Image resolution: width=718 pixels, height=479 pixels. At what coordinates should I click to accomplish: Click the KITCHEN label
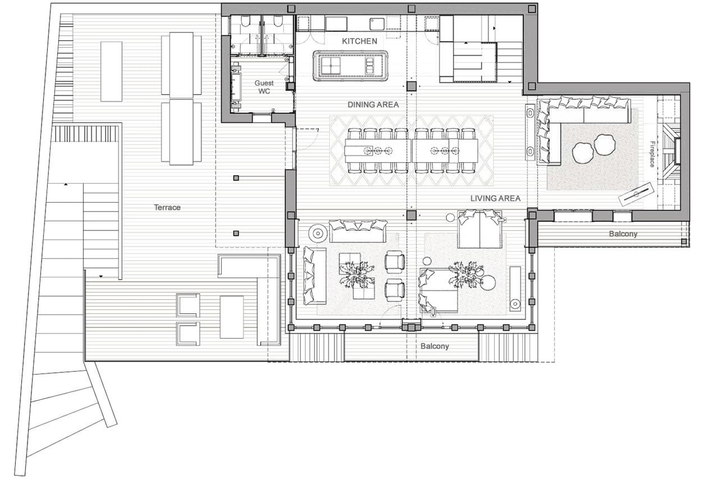[359, 41]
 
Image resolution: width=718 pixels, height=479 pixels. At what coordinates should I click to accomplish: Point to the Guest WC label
[264, 87]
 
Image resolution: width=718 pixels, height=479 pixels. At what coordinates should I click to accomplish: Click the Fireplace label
[652, 154]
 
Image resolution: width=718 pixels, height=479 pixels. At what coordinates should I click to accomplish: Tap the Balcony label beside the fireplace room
[623, 234]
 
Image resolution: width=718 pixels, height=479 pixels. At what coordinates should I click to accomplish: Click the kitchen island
[350, 66]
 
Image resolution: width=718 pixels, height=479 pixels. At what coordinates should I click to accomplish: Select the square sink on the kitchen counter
[377, 24]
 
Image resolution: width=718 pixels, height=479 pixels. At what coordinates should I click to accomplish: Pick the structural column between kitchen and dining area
[411, 86]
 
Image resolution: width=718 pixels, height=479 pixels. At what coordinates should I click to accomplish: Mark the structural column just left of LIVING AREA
[411, 215]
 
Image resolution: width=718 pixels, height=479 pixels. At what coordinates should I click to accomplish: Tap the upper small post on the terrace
[236, 178]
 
